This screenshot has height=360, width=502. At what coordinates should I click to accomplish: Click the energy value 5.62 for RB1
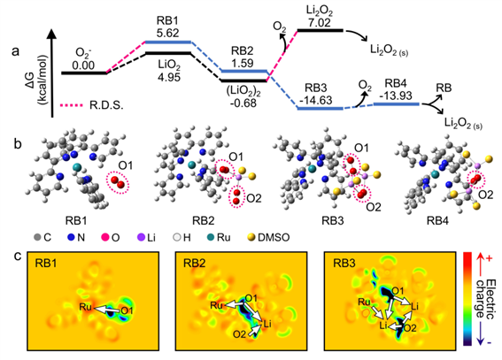coord(167,33)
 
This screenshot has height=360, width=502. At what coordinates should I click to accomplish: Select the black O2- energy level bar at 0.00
coord(84,73)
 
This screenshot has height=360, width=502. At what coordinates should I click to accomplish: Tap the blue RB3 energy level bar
coord(321,109)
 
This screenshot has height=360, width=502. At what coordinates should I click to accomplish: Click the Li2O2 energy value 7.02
coord(319,23)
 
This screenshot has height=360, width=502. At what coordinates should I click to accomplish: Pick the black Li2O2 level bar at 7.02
coord(321,30)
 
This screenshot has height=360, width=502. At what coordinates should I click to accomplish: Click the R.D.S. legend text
coord(106,105)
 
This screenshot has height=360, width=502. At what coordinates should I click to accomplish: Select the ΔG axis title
coord(42,80)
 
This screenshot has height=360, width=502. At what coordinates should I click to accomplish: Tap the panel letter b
coord(18,144)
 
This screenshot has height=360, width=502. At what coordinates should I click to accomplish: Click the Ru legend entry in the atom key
coord(219,238)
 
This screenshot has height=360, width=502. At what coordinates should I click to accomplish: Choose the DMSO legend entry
coord(269,238)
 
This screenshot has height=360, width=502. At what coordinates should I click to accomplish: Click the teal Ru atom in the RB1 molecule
coord(77,166)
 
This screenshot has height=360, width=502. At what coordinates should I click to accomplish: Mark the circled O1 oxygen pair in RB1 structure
coord(118,182)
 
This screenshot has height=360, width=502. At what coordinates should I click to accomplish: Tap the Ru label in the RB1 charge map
coord(86,307)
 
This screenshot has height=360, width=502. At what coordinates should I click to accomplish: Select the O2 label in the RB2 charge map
coord(241,334)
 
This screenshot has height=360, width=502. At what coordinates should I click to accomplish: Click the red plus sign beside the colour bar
coord(490,258)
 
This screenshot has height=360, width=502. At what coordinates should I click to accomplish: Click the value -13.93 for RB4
coord(397,96)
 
